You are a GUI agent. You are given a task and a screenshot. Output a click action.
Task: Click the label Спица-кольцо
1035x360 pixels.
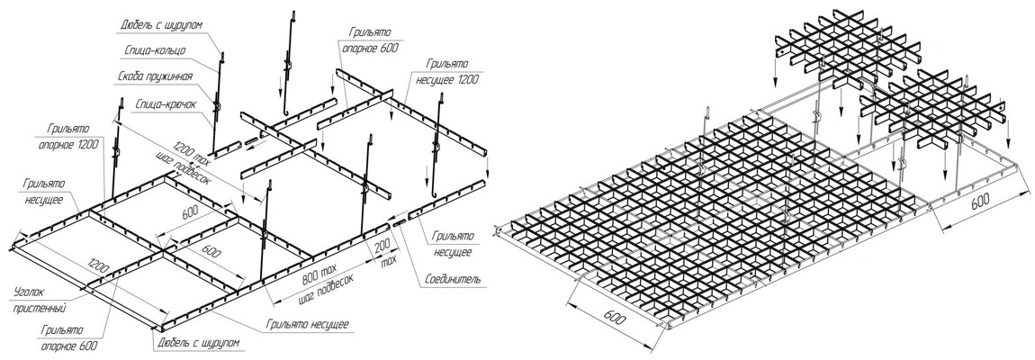tap(155, 50)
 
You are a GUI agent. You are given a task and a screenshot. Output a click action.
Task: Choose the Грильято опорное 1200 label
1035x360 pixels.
tap(74, 135)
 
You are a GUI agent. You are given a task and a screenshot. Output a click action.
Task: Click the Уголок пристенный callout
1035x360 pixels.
tap(40, 299)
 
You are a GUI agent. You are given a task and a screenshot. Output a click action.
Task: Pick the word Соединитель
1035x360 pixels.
tap(454, 280)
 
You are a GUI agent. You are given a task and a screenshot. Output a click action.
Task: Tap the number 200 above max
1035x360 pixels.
tap(382, 247)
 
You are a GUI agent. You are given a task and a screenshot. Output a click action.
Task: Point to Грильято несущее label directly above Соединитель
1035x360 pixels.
tap(452, 244)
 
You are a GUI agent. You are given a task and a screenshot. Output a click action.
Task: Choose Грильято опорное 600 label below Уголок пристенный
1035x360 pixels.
tap(69, 337)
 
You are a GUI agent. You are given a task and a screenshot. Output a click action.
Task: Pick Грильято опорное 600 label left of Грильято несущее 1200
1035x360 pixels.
tap(370, 40)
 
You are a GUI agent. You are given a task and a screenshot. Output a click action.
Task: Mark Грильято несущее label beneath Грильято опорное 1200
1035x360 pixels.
tap(44, 190)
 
